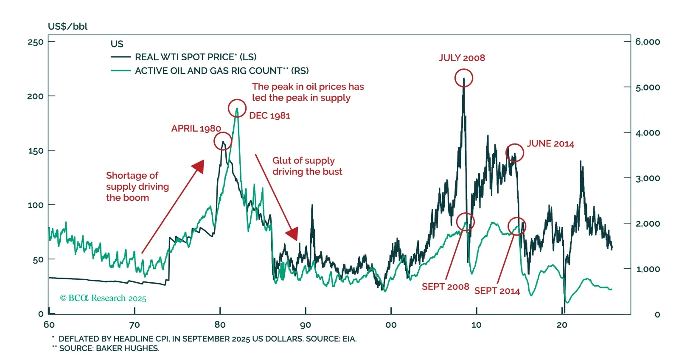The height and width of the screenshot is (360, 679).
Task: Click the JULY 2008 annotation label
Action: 462,58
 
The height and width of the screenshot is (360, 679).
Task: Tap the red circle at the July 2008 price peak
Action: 463,78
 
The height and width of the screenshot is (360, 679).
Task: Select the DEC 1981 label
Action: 269,115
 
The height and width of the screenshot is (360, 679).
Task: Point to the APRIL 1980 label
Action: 196,128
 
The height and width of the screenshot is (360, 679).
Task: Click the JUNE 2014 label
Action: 550,144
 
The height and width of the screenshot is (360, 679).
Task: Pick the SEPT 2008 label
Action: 445,287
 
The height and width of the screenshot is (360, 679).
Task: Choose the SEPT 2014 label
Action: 497,291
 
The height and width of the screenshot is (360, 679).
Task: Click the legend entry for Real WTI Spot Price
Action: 196,57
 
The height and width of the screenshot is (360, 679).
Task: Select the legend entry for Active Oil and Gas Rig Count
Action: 222,71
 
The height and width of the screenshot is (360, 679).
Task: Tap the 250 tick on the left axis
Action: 36,42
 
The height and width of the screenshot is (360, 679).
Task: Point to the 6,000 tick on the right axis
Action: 648,42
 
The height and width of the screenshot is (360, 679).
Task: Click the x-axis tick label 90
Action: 306,325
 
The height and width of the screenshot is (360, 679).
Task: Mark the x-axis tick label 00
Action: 391,325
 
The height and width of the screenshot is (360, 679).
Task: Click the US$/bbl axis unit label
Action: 68,26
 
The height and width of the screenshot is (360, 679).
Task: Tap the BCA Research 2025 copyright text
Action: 103,298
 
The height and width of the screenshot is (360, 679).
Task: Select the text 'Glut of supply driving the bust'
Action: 307,166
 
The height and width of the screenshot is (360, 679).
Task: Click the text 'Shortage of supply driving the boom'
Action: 137,186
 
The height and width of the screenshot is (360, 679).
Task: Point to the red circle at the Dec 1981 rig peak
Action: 237,109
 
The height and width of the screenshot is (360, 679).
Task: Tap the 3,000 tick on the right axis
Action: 648,178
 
